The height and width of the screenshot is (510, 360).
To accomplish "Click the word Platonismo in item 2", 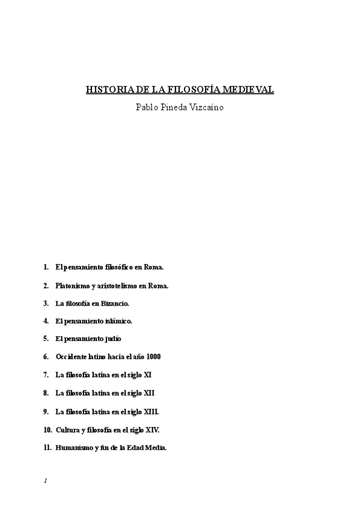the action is point(72,286).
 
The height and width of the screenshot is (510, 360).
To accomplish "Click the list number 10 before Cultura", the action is point(47,429).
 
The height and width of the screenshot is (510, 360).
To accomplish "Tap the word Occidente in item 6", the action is point(71,357).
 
